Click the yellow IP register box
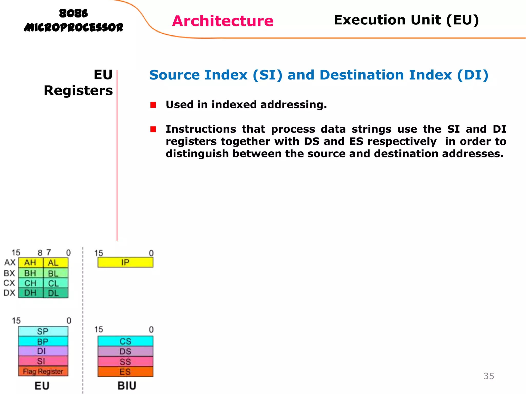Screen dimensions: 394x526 pyautogui.click(x=125, y=262)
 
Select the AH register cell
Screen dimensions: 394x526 pyautogui.click(x=30, y=263)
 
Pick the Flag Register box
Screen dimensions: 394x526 pyautogui.click(x=43, y=371)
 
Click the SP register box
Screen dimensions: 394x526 pyautogui.click(x=43, y=331)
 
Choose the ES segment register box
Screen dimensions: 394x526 pyautogui.click(x=125, y=372)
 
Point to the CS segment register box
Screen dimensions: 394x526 pyautogui.click(x=125, y=341)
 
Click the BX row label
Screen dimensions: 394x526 pyautogui.click(x=10, y=273)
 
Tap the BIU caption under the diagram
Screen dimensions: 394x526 pyautogui.click(x=127, y=386)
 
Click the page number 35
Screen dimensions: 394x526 pyautogui.click(x=489, y=376)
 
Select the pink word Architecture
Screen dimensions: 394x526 pyautogui.click(x=223, y=21)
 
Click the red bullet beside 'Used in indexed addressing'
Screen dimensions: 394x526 pyautogui.click(x=153, y=105)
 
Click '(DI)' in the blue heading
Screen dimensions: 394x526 pyautogui.click(x=473, y=75)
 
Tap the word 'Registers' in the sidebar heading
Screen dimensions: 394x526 pyautogui.click(x=78, y=91)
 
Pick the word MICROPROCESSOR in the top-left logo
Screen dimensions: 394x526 pyautogui.click(x=73, y=27)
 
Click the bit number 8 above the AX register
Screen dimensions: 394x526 pyautogui.click(x=40, y=253)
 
